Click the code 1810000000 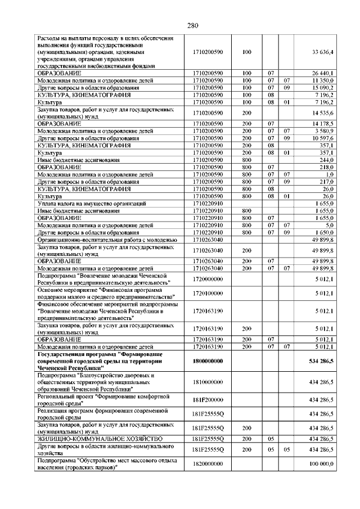[208, 382]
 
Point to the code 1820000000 [208, 463]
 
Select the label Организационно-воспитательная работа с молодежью [107, 240]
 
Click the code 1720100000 [208, 292]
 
